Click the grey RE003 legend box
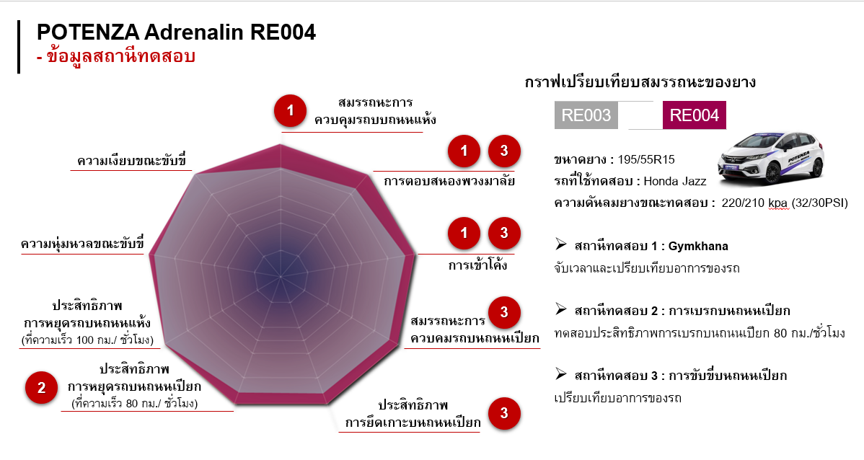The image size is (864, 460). [586, 115]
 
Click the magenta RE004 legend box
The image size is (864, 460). [695, 115]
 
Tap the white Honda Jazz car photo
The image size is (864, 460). [772, 158]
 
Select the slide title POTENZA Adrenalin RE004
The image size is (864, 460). [176, 32]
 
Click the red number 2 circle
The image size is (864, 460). [41, 388]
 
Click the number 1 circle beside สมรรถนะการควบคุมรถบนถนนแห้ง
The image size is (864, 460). [291, 111]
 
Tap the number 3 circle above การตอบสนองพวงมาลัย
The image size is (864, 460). [504, 151]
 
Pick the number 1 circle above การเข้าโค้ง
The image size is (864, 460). [464, 233]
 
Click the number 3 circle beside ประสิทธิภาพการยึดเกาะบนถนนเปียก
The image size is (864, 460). [504, 413]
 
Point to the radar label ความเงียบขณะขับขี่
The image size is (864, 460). [132, 160]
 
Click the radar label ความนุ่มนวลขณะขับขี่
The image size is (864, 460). [82, 243]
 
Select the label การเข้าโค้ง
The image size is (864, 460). [477, 265]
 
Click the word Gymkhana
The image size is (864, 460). [698, 247]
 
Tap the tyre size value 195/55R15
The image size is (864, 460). [646, 160]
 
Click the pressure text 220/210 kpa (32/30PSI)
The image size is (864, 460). [785, 203]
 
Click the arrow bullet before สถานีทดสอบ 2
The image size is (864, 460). [561, 309]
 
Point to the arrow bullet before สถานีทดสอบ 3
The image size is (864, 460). [561, 374]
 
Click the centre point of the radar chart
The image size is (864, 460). [281, 275]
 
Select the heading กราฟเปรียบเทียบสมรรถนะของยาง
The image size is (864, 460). [640, 82]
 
